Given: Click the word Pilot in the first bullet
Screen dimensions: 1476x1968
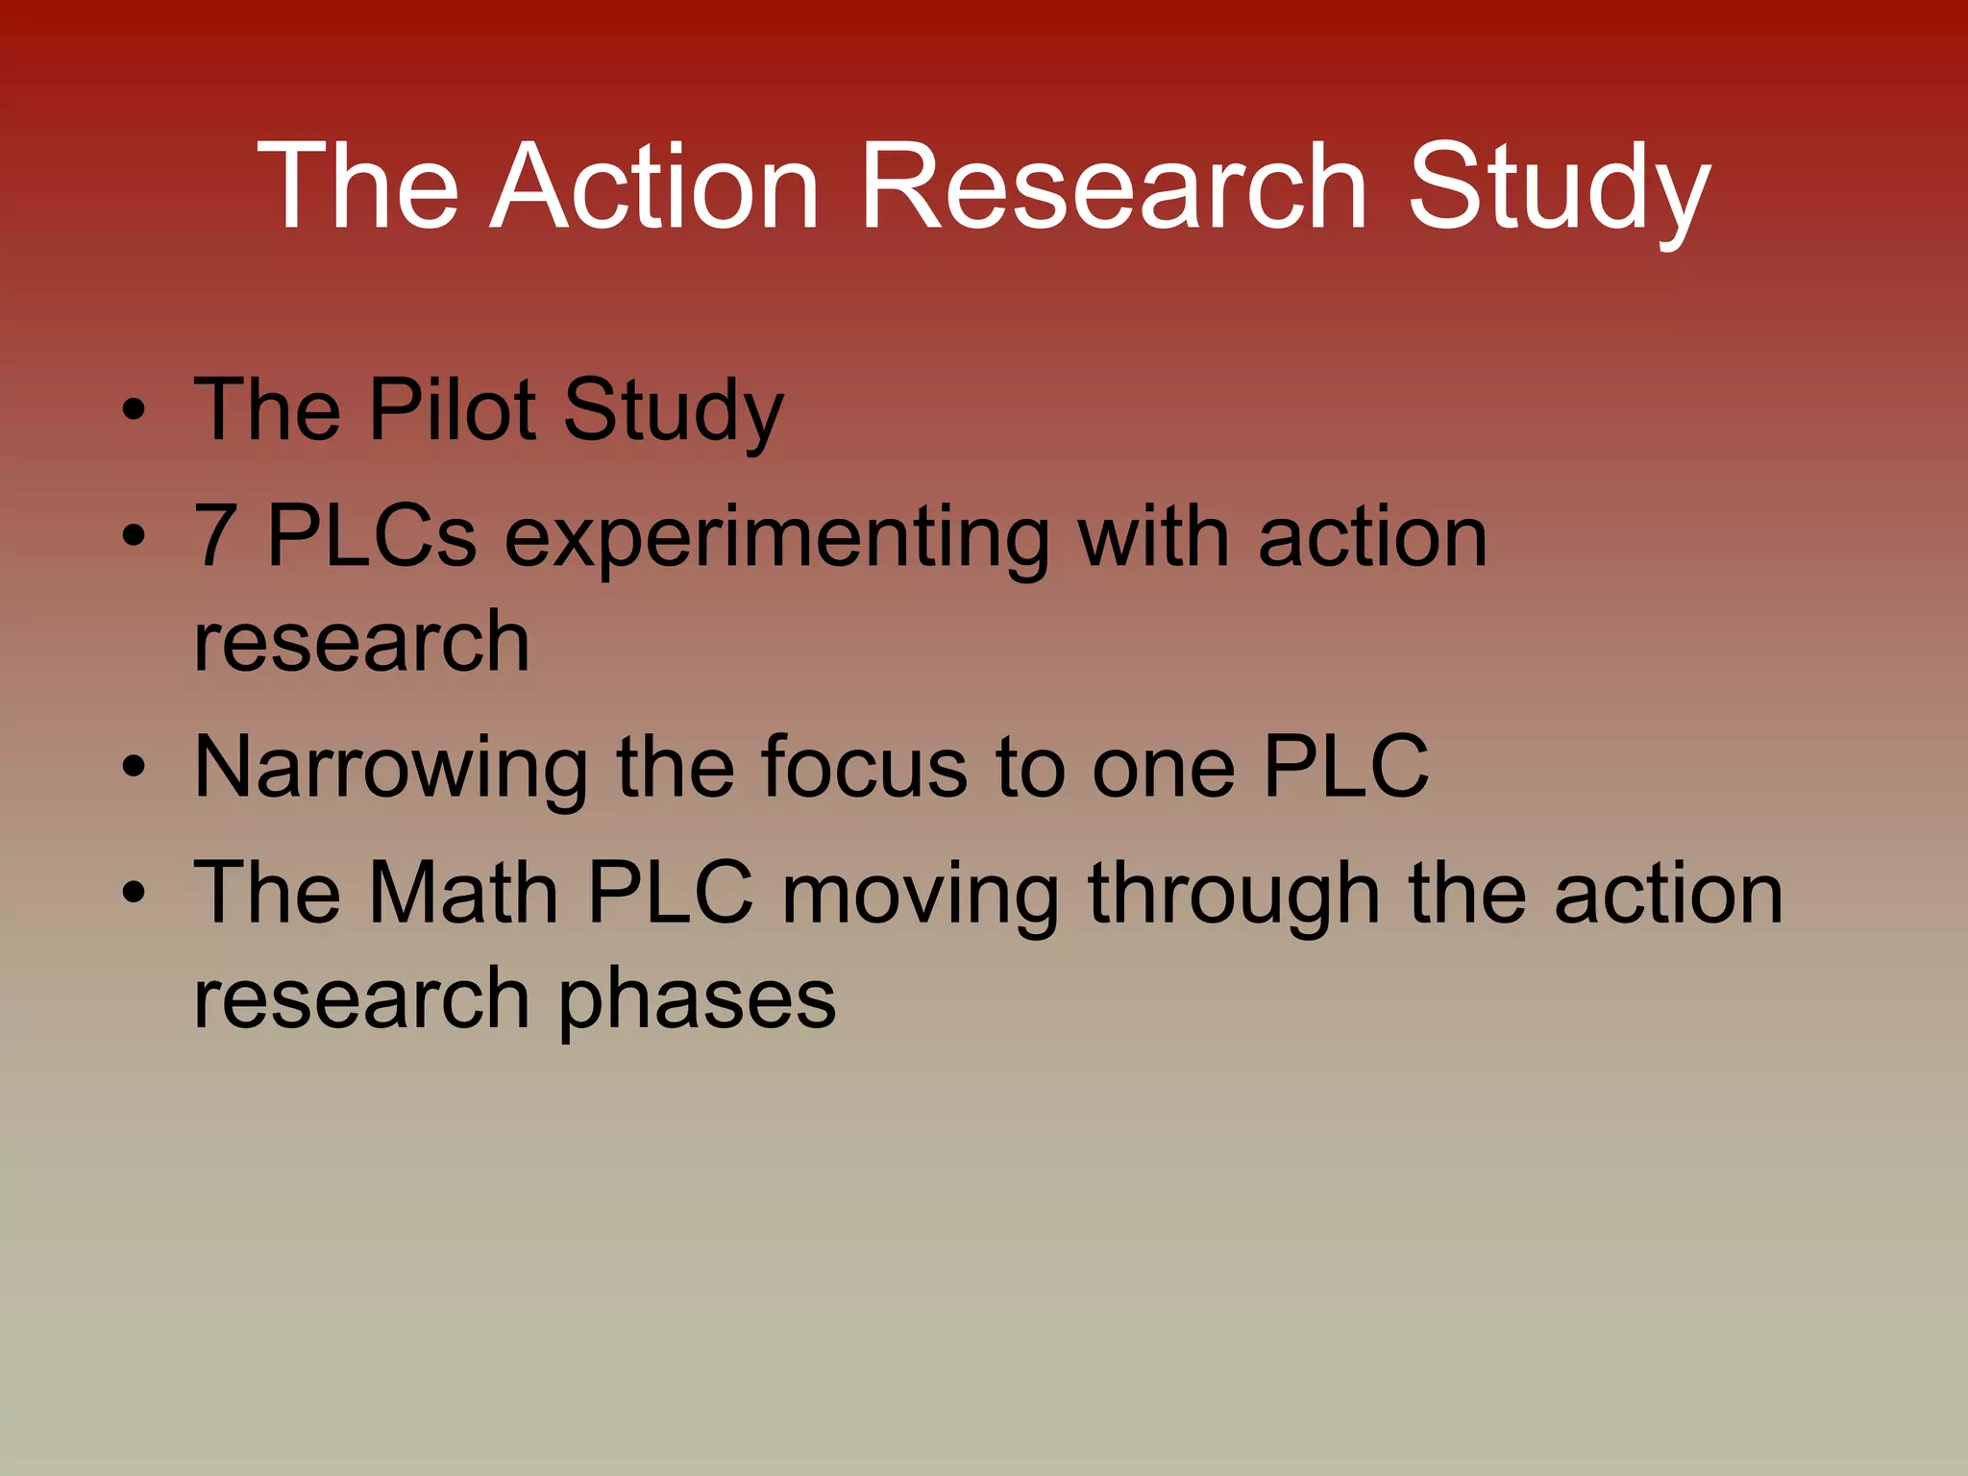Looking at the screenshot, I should (x=452, y=410).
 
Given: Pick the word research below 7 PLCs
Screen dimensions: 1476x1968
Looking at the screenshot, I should (x=361, y=643).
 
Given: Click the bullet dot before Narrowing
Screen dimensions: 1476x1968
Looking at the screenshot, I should (x=134, y=768).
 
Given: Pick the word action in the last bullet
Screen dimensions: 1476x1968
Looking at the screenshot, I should (x=1668, y=894).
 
